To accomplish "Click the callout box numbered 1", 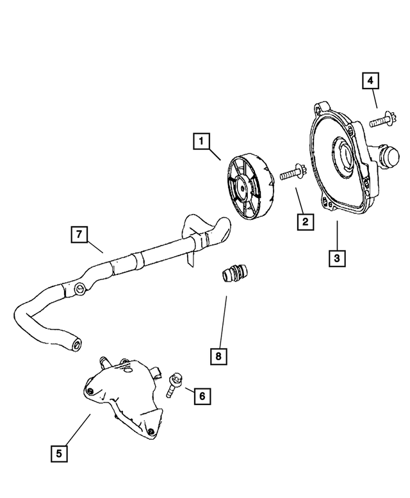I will (x=201, y=140).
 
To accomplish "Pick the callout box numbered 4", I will (x=370, y=81).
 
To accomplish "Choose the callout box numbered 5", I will (x=58, y=453).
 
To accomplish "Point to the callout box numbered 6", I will (x=201, y=397).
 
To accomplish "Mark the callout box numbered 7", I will (x=78, y=235).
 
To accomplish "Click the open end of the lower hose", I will (x=78, y=344).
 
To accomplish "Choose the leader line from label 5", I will (x=77, y=429).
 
